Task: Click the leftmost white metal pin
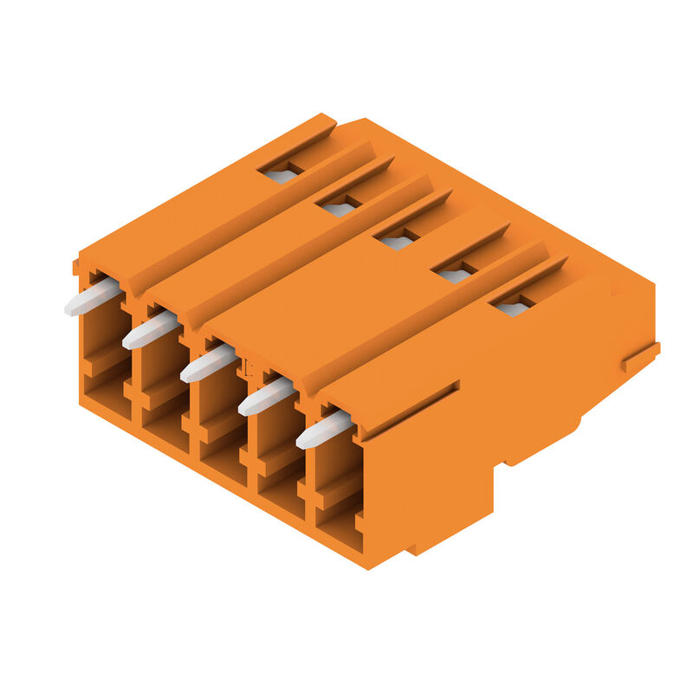tap(92, 297)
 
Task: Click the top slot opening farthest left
tap(281, 175)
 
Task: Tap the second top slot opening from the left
tap(339, 209)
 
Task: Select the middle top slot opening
tap(397, 242)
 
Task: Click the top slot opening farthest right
tap(513, 308)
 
